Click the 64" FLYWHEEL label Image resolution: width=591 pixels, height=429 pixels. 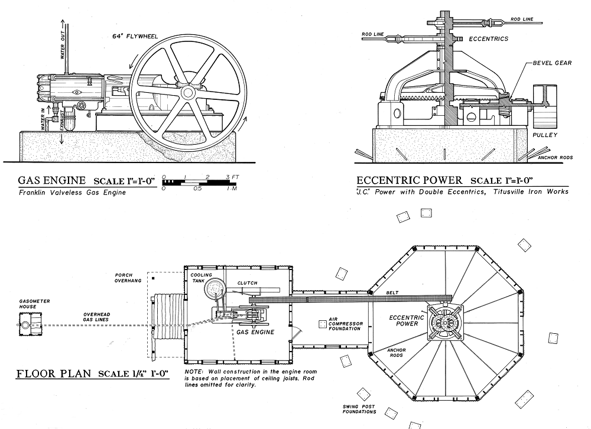(x=138, y=36)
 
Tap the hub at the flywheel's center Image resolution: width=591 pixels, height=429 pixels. (x=188, y=93)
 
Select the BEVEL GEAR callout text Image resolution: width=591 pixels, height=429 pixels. (x=551, y=63)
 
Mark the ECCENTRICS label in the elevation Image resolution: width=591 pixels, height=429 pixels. (x=488, y=39)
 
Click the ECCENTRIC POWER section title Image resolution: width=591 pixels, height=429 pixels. (x=411, y=180)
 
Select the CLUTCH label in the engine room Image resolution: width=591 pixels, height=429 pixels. (x=247, y=283)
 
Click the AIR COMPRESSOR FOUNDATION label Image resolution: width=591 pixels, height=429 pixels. (x=345, y=324)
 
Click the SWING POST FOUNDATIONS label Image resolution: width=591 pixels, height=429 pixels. (x=363, y=409)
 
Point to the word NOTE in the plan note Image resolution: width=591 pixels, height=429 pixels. (x=193, y=371)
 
